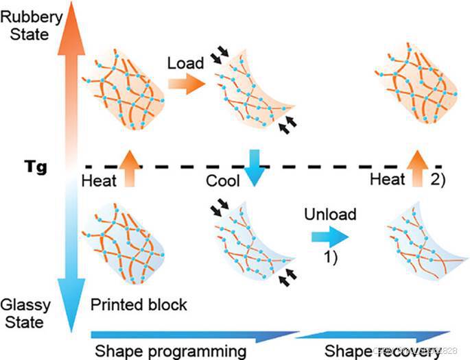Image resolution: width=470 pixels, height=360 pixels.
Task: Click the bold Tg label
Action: [34, 166]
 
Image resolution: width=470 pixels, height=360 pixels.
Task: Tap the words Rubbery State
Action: [26, 21]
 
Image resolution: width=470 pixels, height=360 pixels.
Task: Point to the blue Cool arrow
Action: [255, 167]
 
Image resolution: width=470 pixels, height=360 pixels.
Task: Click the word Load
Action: [185, 64]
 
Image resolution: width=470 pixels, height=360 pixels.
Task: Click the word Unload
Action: [331, 215]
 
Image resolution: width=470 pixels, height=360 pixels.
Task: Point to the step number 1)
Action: [332, 259]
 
